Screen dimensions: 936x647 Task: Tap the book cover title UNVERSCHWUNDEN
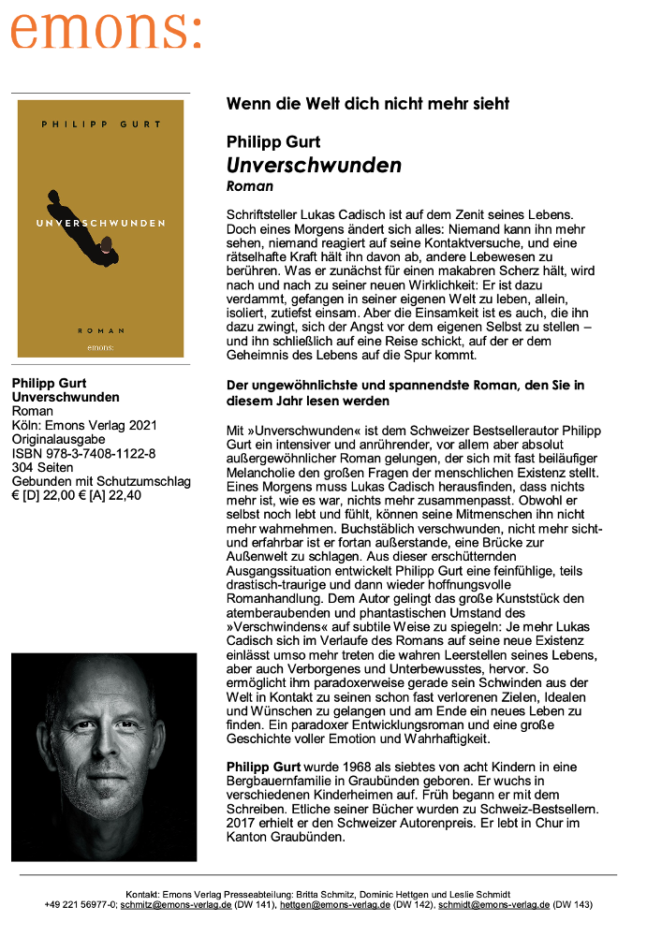pyautogui.click(x=101, y=223)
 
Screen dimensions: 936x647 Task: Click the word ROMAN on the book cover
pyautogui.click(x=101, y=330)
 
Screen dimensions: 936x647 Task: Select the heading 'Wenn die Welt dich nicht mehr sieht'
pyautogui.click(x=368, y=104)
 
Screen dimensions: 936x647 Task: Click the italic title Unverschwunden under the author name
pyautogui.click(x=314, y=166)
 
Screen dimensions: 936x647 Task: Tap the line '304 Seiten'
pyautogui.click(x=43, y=468)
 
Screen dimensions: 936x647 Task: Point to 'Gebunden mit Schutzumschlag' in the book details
pyautogui.click(x=101, y=482)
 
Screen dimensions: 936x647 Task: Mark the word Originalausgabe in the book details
pyautogui.click(x=58, y=440)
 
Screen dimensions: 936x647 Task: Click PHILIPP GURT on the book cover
pyautogui.click(x=101, y=124)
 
